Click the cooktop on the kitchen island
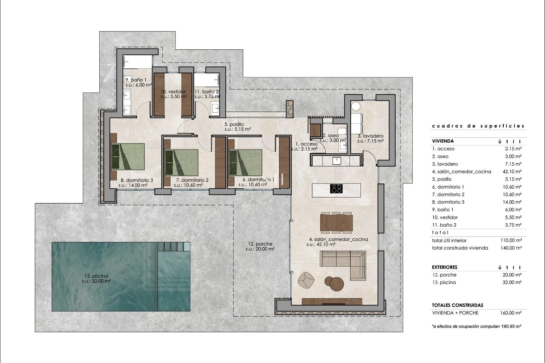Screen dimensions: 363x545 click(x=336, y=189)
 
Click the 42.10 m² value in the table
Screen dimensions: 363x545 click(x=512, y=171)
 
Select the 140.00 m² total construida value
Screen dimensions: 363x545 click(x=511, y=248)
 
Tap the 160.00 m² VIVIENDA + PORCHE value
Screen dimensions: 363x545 click(x=511, y=313)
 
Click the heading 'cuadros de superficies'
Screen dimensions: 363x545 click(x=478, y=126)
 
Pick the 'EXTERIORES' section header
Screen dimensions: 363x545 click(x=445, y=267)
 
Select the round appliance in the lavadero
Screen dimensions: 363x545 click(x=356, y=106)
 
